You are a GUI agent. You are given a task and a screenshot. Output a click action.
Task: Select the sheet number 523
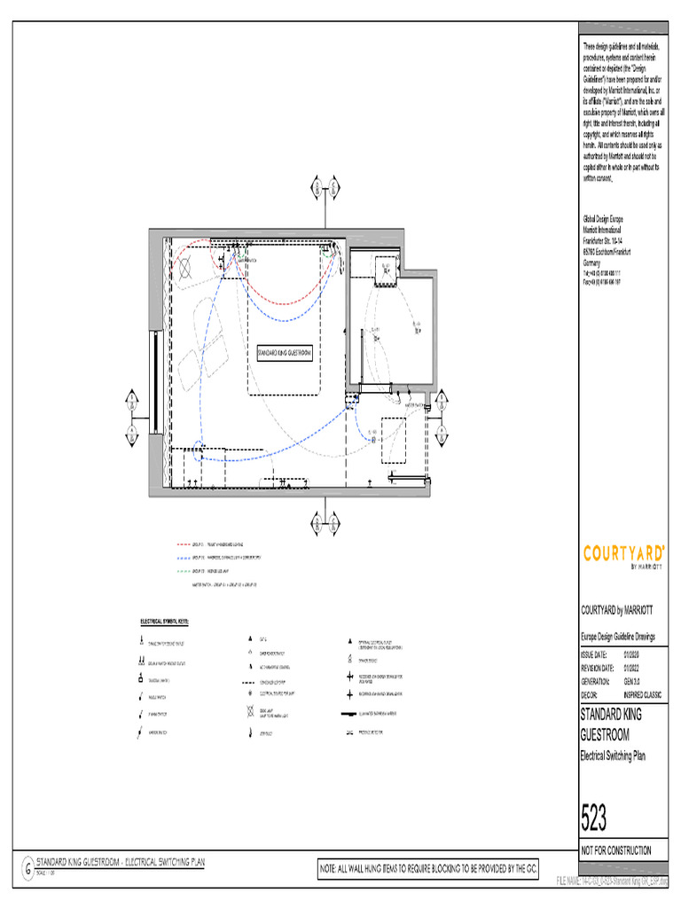[x=595, y=818]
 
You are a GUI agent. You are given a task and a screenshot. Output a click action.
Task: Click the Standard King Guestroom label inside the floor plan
[x=284, y=353]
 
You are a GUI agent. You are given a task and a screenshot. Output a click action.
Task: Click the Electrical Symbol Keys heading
[x=170, y=622]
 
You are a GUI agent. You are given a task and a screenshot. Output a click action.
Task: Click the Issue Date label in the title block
[x=595, y=654]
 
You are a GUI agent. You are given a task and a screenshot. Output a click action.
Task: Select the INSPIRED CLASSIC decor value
[x=643, y=695]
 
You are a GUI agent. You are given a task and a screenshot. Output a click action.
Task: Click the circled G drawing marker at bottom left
[x=27, y=865]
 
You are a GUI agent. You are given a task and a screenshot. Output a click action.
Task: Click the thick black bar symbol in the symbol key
[x=349, y=713]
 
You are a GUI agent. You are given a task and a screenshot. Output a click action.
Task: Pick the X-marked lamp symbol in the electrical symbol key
[x=252, y=713]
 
